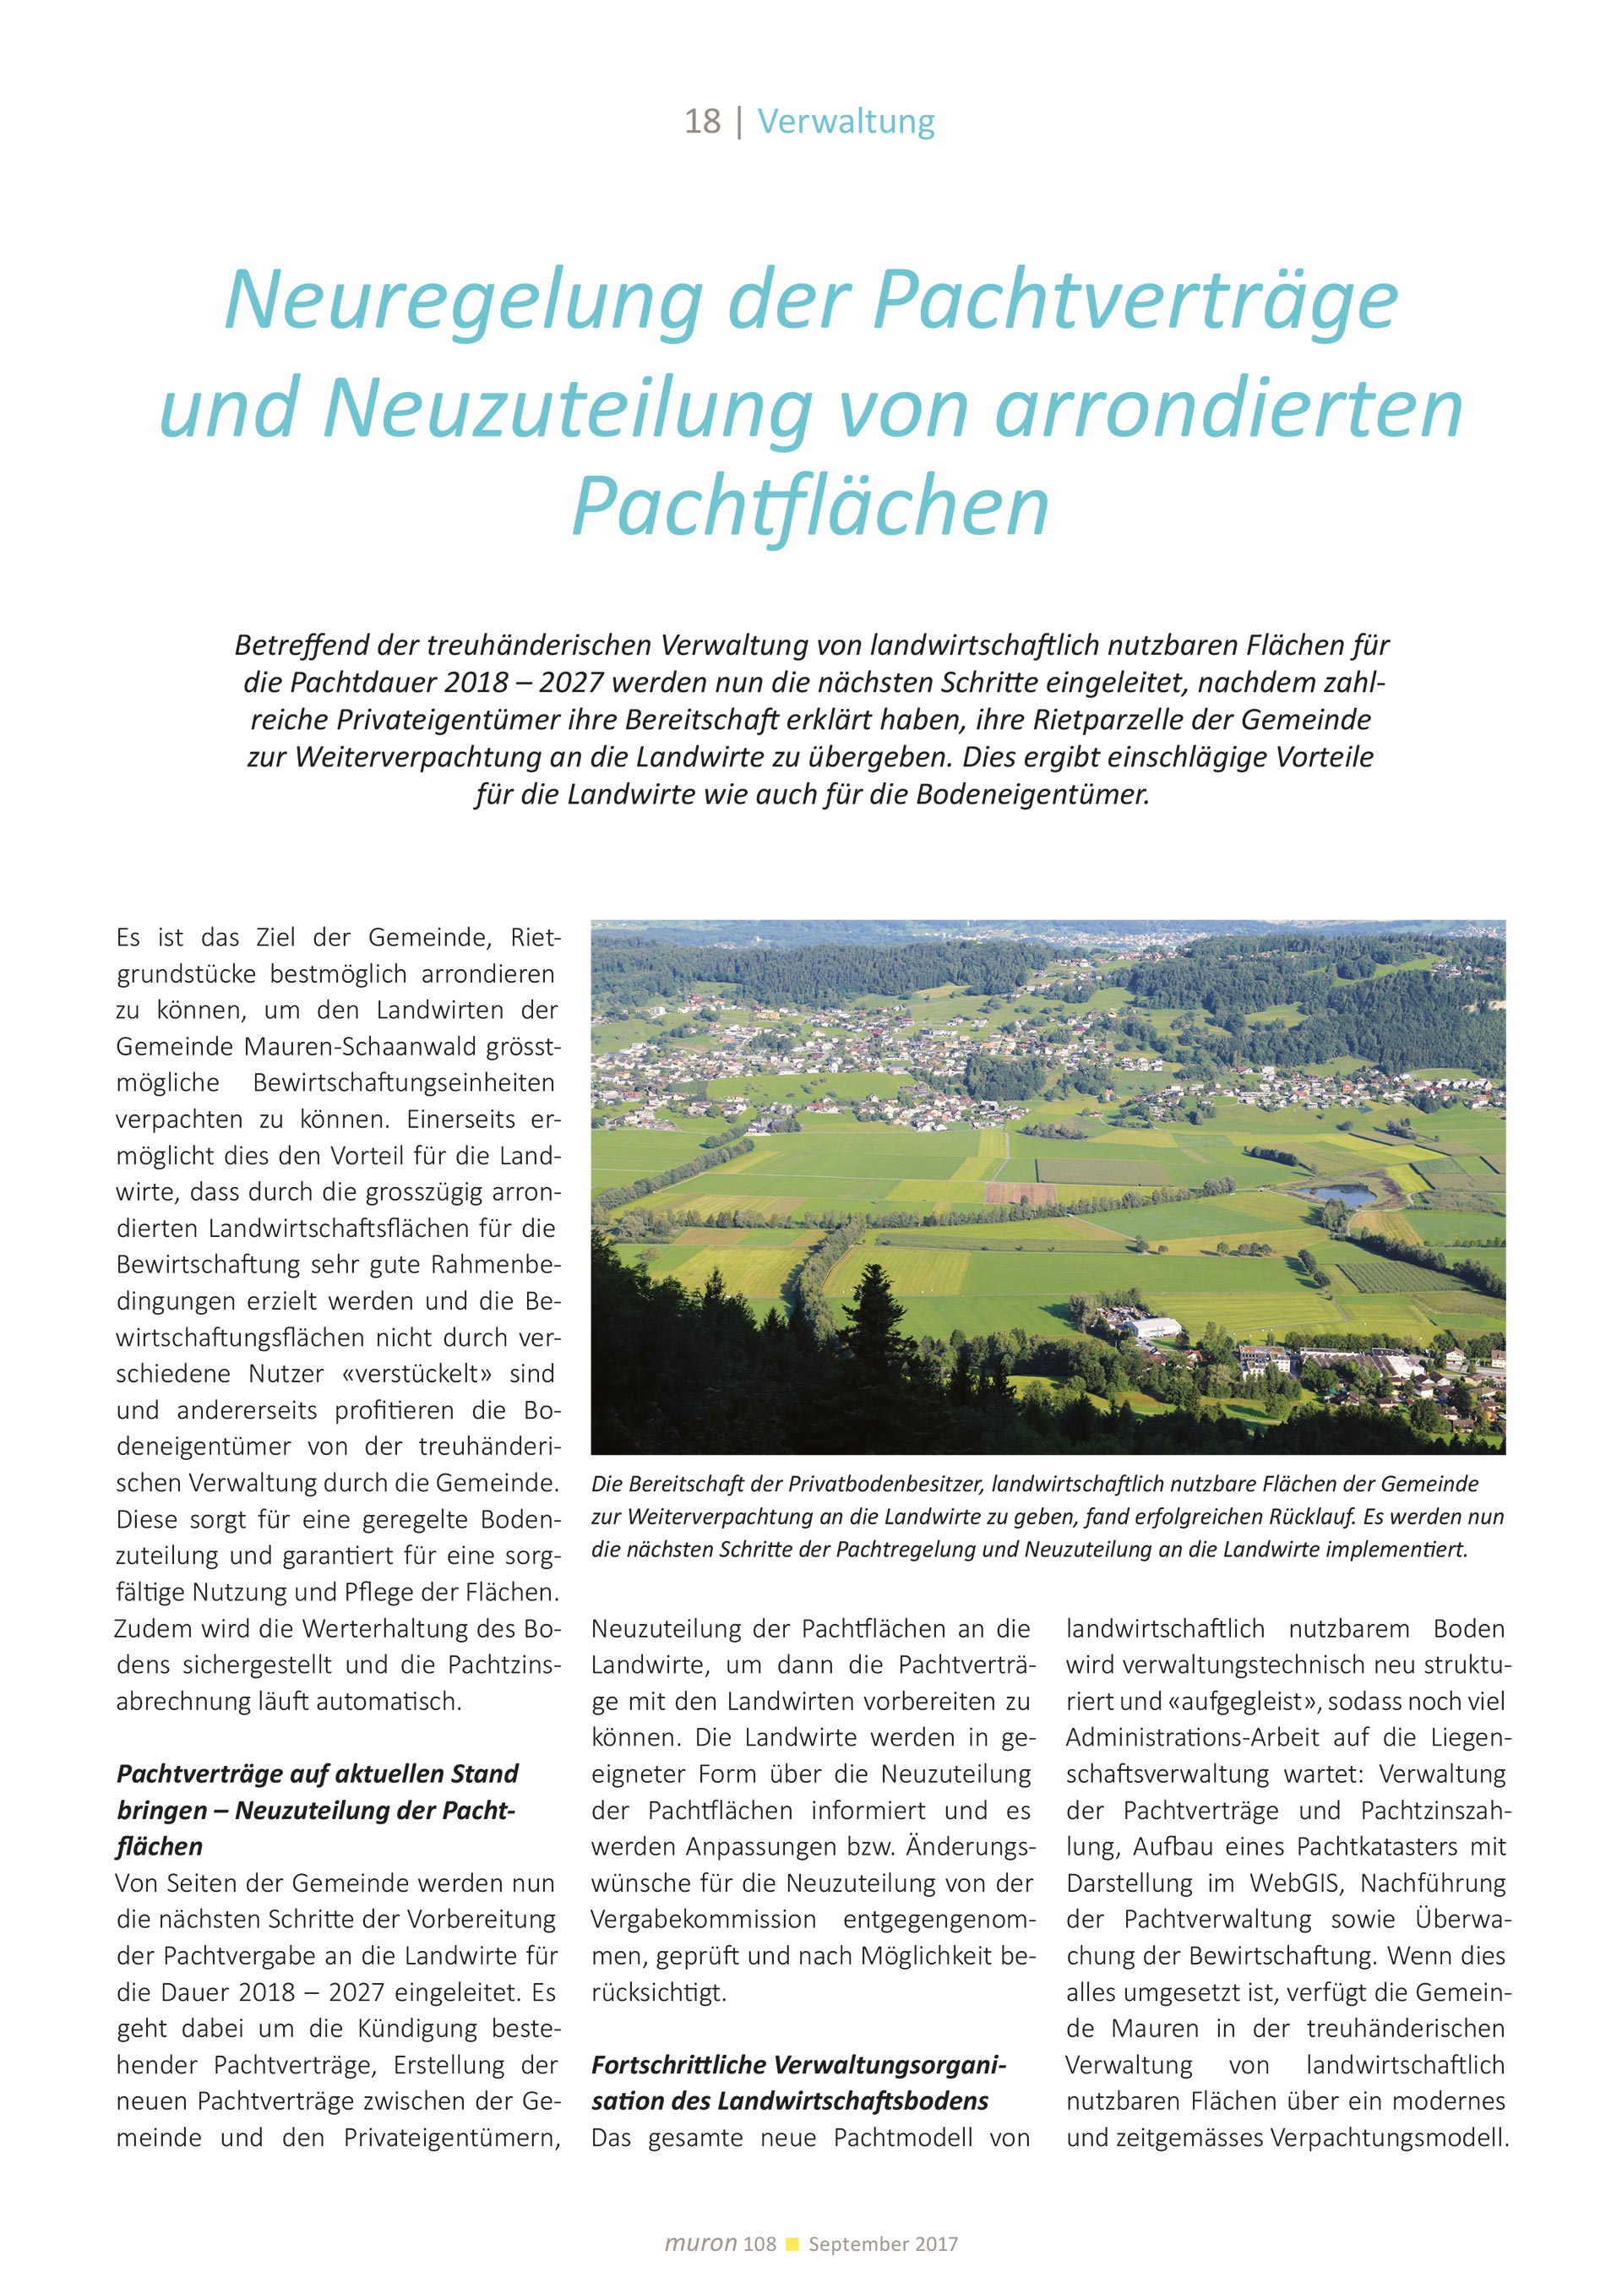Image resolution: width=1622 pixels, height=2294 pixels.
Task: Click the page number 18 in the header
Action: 702,122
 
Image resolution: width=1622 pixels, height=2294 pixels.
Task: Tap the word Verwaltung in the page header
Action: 846,122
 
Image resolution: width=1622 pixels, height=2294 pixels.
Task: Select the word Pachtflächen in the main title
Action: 810,507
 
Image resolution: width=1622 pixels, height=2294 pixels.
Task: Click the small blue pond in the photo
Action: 1344,1194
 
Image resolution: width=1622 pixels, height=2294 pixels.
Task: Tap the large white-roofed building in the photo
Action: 1151,1330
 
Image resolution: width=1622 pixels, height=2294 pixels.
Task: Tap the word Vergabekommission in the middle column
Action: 703,1920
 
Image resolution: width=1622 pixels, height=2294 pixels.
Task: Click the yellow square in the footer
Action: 793,2243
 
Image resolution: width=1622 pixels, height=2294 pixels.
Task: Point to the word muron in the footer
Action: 700,2243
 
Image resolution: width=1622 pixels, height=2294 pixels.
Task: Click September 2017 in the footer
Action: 883,2244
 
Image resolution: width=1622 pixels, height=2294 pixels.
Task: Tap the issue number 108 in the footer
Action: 759,2244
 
